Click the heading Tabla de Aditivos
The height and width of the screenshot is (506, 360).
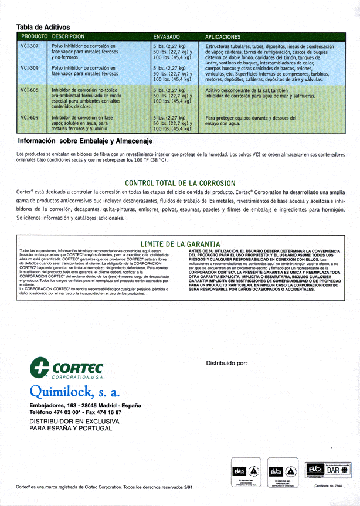[43, 27]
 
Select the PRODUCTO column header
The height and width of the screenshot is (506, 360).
[33, 36]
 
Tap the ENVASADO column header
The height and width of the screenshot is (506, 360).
[166, 36]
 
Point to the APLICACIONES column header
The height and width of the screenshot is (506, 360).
[223, 36]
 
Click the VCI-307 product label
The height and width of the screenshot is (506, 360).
[29, 46]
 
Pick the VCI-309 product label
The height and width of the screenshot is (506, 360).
[29, 68]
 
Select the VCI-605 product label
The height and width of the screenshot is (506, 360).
[29, 90]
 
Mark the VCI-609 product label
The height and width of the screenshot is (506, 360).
[29, 117]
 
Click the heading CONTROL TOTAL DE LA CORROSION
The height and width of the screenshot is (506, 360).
[180, 183]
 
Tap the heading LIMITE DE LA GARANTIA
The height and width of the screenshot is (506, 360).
[180, 243]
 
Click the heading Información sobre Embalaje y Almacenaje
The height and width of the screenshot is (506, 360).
[85, 141]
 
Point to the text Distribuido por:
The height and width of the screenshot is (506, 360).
[227, 363]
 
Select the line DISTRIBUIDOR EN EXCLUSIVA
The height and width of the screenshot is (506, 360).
[70, 421]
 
